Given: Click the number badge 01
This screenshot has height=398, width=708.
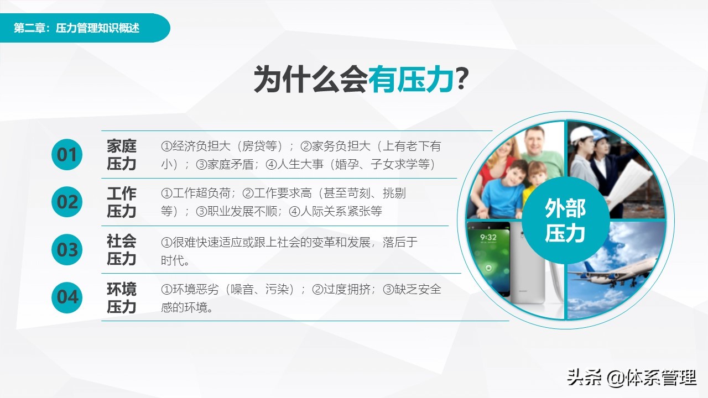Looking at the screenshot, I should point(67,155).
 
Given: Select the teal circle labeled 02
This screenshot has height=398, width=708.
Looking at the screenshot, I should point(67,202).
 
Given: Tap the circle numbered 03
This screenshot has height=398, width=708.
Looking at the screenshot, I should point(67,250).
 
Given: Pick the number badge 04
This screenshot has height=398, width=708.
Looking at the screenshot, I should point(67,297).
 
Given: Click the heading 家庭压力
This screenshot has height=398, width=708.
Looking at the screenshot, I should point(122,155).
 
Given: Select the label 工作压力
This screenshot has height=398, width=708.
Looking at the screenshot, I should point(122,202).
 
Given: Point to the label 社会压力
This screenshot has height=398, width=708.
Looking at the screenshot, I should point(122,250).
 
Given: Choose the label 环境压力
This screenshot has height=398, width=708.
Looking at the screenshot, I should point(122,298).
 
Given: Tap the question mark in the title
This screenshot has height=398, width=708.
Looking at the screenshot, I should point(462,80).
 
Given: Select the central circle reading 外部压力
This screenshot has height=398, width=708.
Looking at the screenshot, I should point(565,221).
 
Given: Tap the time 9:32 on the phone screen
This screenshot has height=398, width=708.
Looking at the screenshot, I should point(488,238).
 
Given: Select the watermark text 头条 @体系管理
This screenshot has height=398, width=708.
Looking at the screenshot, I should point(631,378).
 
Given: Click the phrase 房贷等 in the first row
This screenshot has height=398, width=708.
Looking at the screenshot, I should point(258,146).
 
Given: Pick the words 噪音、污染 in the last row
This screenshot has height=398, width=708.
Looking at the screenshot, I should point(262,289).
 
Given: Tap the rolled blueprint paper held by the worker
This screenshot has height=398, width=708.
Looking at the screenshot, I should point(631,177).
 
